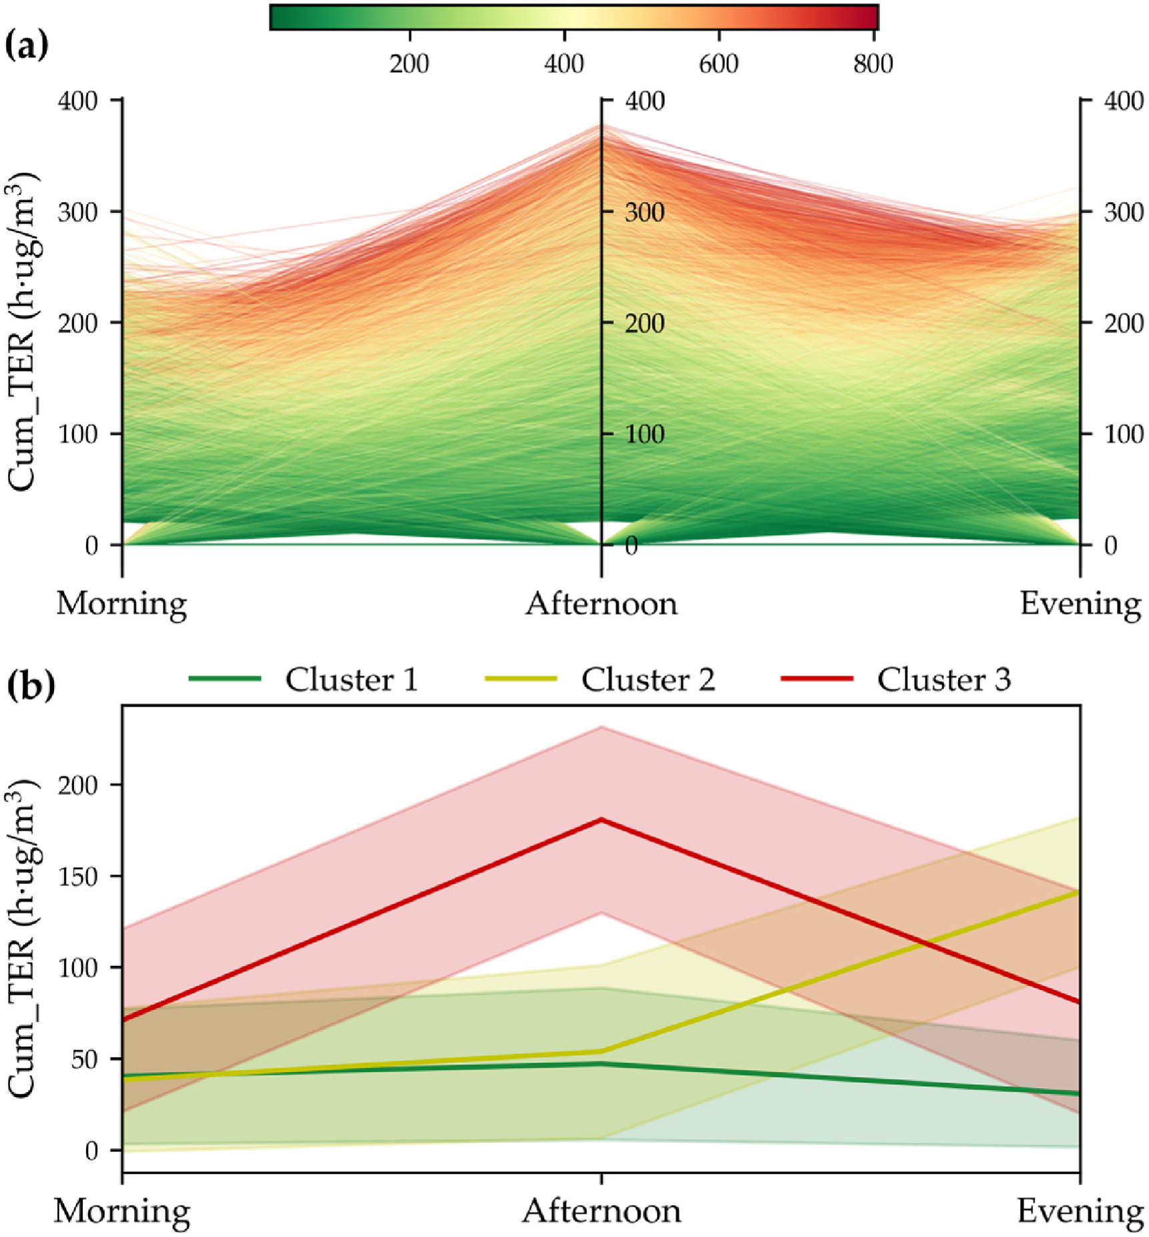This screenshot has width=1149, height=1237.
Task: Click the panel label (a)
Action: tap(26, 46)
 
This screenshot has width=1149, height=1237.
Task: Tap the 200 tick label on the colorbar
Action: tap(409, 63)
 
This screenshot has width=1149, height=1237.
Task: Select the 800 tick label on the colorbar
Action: tap(873, 63)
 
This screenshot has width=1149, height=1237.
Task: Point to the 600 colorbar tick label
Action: tap(718, 63)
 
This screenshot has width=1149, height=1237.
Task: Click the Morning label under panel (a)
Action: tap(122, 604)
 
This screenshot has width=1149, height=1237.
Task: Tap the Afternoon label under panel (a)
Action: tap(601, 604)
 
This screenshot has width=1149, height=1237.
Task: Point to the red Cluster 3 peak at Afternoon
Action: tap(602, 820)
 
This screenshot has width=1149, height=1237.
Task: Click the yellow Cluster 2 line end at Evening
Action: tap(1078, 892)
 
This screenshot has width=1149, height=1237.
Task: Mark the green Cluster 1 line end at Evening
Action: tap(1078, 1093)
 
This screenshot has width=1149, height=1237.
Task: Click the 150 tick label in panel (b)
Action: tap(77, 876)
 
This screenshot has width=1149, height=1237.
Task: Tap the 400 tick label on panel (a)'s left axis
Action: tap(77, 101)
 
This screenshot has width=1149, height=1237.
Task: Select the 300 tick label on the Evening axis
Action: tap(1124, 212)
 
